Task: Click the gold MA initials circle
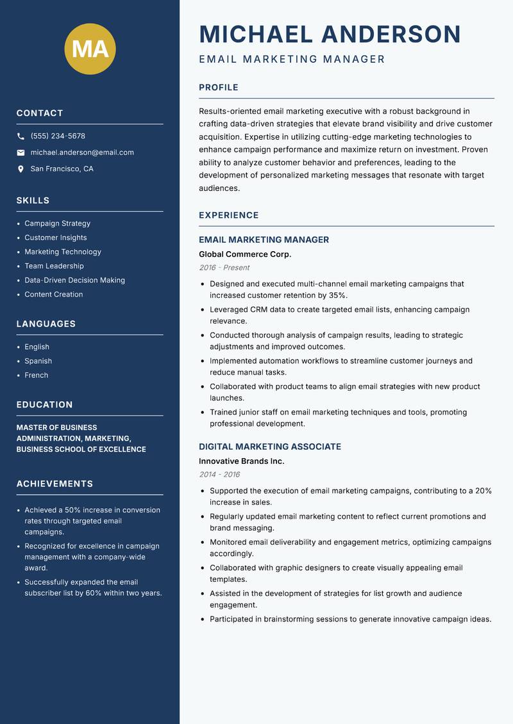point(90,49)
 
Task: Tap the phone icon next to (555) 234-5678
point(21,136)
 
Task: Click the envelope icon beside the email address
point(21,152)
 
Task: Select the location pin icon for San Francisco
point(21,169)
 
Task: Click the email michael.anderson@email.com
point(82,152)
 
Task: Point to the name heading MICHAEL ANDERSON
point(330,34)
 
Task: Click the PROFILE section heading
point(218,88)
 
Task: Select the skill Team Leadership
point(54,266)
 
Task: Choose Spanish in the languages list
point(38,361)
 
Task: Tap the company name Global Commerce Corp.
point(245,254)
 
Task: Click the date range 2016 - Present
point(224,268)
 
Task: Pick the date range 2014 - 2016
point(219,475)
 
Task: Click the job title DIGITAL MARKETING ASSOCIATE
point(269,447)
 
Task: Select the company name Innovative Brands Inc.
point(241,461)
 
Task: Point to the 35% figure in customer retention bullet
point(337,295)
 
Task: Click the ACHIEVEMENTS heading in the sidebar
point(55,484)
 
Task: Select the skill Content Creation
point(53,294)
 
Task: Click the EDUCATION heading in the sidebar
point(44,405)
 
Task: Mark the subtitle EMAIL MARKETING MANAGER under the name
point(292,60)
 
